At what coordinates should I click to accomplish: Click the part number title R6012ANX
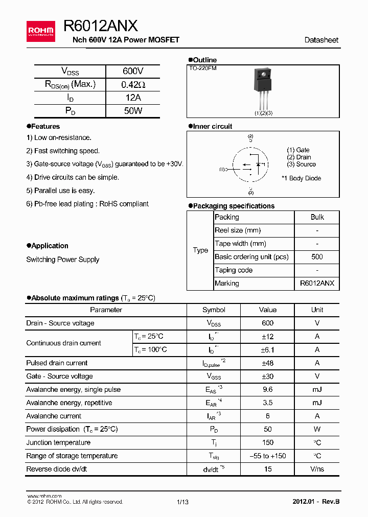[100, 26]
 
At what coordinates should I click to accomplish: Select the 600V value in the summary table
[133, 72]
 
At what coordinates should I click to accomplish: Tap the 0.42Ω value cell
[133, 85]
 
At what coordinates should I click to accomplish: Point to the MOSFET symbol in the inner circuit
[250, 165]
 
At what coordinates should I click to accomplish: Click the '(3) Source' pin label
[301, 165]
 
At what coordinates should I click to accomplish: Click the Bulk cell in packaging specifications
[317, 217]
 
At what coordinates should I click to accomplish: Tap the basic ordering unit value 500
[317, 257]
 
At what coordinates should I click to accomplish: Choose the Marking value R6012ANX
[317, 284]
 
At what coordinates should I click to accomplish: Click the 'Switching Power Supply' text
[63, 260]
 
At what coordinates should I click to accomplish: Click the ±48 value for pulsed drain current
[267, 363]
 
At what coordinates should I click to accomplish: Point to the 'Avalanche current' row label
[54, 416]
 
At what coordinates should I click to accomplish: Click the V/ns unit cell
[317, 469]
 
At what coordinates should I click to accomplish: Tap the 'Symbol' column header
[214, 310]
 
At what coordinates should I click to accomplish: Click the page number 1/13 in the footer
[182, 502]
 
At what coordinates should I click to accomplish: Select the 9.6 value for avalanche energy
[267, 390]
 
